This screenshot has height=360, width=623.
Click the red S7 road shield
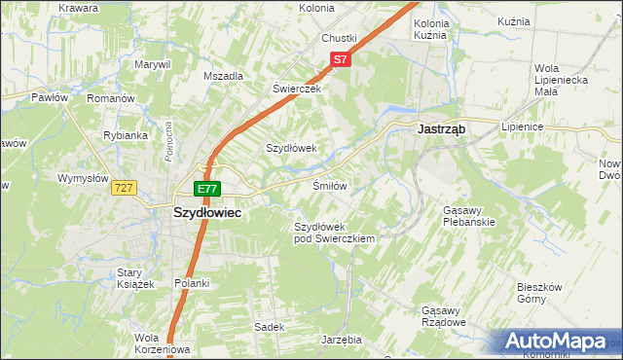click(x=338, y=59)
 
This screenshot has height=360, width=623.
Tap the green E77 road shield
click(x=207, y=189)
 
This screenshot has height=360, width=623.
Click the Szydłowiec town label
click(x=207, y=211)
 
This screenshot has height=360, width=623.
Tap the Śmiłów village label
click(x=330, y=185)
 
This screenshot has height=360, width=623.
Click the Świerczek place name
click(x=296, y=87)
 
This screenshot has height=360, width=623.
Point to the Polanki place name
click(x=192, y=283)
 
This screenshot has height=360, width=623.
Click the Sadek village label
click(x=269, y=327)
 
